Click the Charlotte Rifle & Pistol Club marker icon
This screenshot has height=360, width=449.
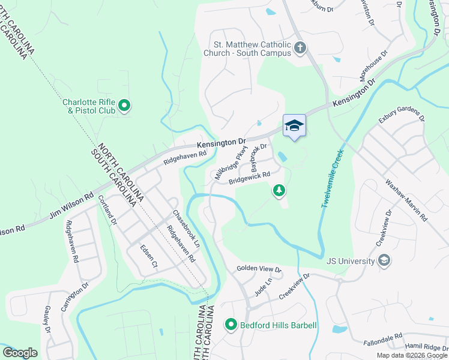pos(124,106)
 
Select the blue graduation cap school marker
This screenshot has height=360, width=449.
pos(294,125)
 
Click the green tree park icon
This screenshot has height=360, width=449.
pos(279,191)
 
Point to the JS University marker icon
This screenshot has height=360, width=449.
pos(385,260)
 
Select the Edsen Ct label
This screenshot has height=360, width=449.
pos(148,256)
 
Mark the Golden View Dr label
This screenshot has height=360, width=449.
pos(259,269)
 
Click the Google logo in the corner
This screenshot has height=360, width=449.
pos(20,353)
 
